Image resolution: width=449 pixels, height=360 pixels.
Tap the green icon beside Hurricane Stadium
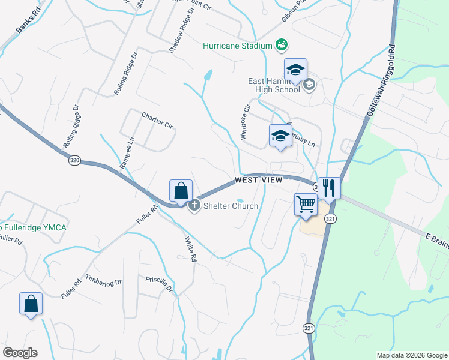point(281,44)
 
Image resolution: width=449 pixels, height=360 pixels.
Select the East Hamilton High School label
point(274,85)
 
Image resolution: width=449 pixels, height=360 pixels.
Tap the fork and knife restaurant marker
point(329,188)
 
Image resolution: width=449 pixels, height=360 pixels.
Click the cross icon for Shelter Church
point(194,206)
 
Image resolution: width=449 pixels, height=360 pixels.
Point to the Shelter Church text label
point(231,206)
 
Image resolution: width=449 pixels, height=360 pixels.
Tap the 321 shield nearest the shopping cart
point(330,219)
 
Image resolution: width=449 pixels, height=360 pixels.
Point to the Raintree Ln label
point(127,155)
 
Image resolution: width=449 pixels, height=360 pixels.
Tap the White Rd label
point(191,248)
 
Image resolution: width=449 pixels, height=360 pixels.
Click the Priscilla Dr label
point(159,284)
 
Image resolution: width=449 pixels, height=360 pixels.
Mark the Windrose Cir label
point(245,122)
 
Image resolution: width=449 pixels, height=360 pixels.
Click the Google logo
point(20,353)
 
